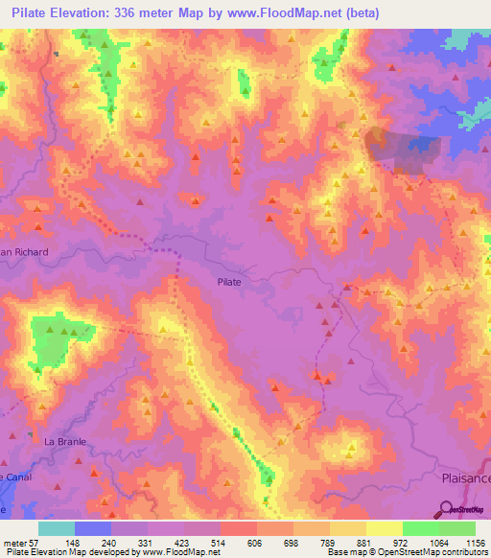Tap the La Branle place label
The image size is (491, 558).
point(65,441)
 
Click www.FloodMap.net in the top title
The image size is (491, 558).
point(289,13)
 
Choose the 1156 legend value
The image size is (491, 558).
point(475,542)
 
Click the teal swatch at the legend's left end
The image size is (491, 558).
point(57,527)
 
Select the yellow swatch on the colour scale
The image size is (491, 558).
point(384,527)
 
